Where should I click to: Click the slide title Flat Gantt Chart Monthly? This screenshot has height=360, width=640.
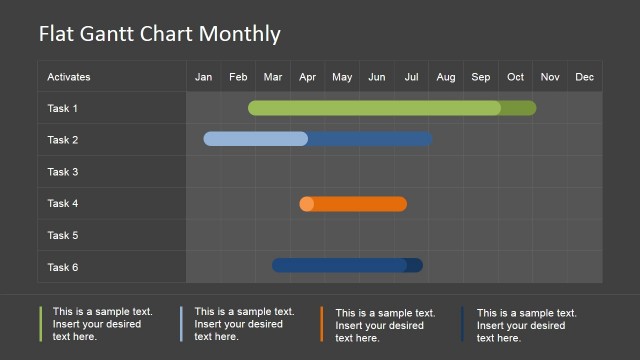[160, 34]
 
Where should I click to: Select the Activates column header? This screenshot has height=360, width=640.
[69, 77]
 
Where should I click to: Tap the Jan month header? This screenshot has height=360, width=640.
[204, 77]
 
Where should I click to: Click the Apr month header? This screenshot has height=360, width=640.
[308, 77]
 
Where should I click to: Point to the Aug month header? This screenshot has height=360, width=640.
[446, 77]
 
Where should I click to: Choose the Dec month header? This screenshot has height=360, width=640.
[585, 77]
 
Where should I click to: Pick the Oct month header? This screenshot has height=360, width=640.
[515, 77]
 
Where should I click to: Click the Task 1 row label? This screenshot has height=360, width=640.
[62, 108]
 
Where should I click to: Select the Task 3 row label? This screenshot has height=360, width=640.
[62, 172]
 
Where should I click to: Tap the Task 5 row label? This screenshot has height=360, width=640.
[62, 236]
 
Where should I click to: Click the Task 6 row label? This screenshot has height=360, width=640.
[62, 267]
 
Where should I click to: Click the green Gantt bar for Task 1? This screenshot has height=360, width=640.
[375, 108]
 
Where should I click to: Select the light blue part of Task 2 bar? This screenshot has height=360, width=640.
[256, 139]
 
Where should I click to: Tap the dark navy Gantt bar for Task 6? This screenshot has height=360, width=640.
[340, 265]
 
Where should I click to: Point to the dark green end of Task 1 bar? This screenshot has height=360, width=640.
[519, 108]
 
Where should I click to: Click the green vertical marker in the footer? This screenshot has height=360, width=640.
[41, 324]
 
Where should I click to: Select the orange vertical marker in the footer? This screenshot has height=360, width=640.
[322, 324]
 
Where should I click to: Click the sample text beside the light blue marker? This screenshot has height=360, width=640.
[244, 324]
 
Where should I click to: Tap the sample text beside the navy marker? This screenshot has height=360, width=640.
[527, 324]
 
